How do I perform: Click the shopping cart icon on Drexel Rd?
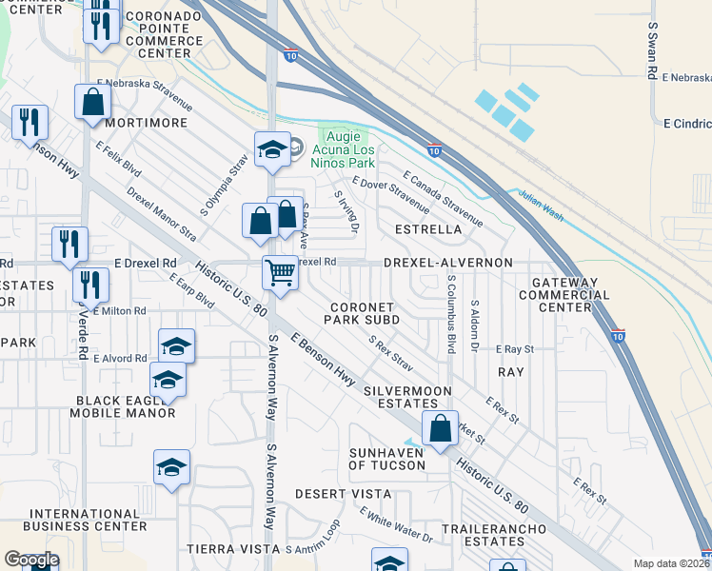point(281,272)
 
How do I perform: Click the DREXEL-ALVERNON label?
point(448,262)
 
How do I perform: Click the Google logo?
point(30,560)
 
